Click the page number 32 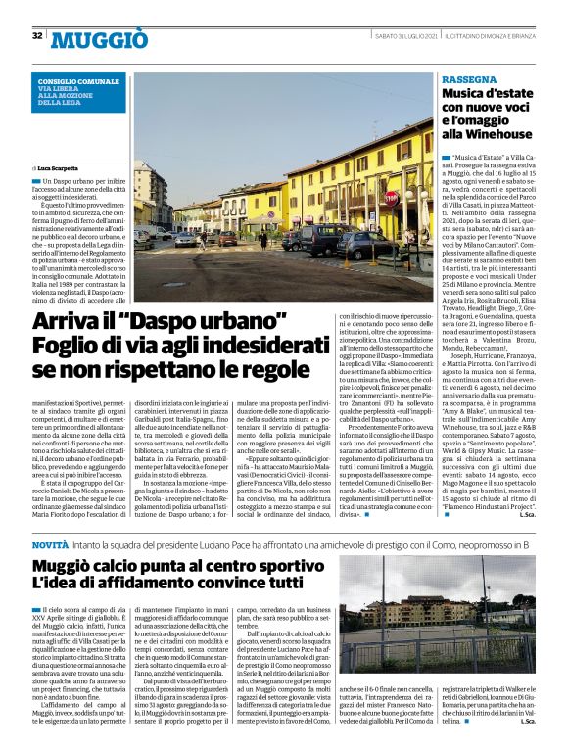click(37, 36)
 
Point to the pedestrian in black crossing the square click(263, 239)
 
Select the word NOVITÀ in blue click(49, 542)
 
